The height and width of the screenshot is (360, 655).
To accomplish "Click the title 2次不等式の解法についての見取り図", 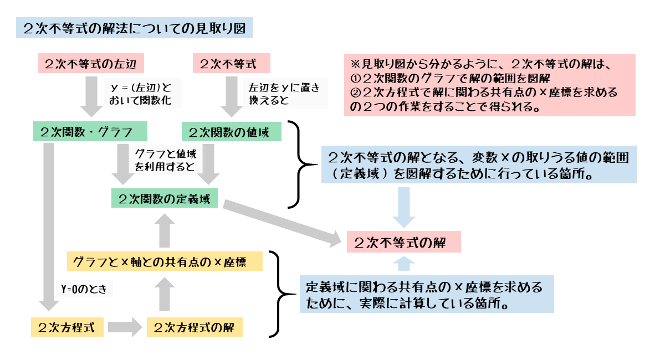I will [135, 27].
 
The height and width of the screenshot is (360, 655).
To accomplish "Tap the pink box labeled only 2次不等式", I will [231, 63].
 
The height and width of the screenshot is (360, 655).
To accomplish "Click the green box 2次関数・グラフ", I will [90, 132].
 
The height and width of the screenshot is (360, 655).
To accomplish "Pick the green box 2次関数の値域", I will [232, 132].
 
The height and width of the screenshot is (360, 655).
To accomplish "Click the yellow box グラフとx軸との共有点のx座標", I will [164, 261].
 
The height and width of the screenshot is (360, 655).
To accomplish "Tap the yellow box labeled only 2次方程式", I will [67, 327].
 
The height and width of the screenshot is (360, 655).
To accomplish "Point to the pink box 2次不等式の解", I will [403, 242].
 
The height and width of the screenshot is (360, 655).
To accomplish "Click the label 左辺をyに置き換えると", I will [284, 94].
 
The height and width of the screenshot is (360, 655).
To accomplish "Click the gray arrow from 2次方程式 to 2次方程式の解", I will [125, 327].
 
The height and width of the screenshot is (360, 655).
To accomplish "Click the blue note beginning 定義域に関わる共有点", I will [427, 295].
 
